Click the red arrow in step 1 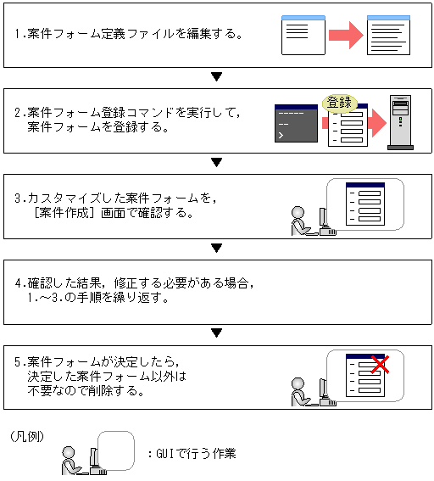[x=346, y=36]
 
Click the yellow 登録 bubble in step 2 [x=340, y=103]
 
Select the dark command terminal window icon [x=296, y=123]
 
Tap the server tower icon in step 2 [x=400, y=122]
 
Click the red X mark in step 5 [x=380, y=365]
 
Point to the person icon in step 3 [x=300, y=221]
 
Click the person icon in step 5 [x=300, y=392]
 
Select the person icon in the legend [x=71, y=461]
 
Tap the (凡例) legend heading [x=27, y=437]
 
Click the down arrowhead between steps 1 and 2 [x=217, y=76]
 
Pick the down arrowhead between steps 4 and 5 [x=217, y=333]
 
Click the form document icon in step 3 [x=365, y=204]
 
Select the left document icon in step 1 [x=303, y=36]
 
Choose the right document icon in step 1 [x=388, y=36]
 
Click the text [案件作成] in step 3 [x=64, y=213]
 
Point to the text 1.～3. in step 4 [x=45, y=298]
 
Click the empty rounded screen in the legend [x=116, y=450]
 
